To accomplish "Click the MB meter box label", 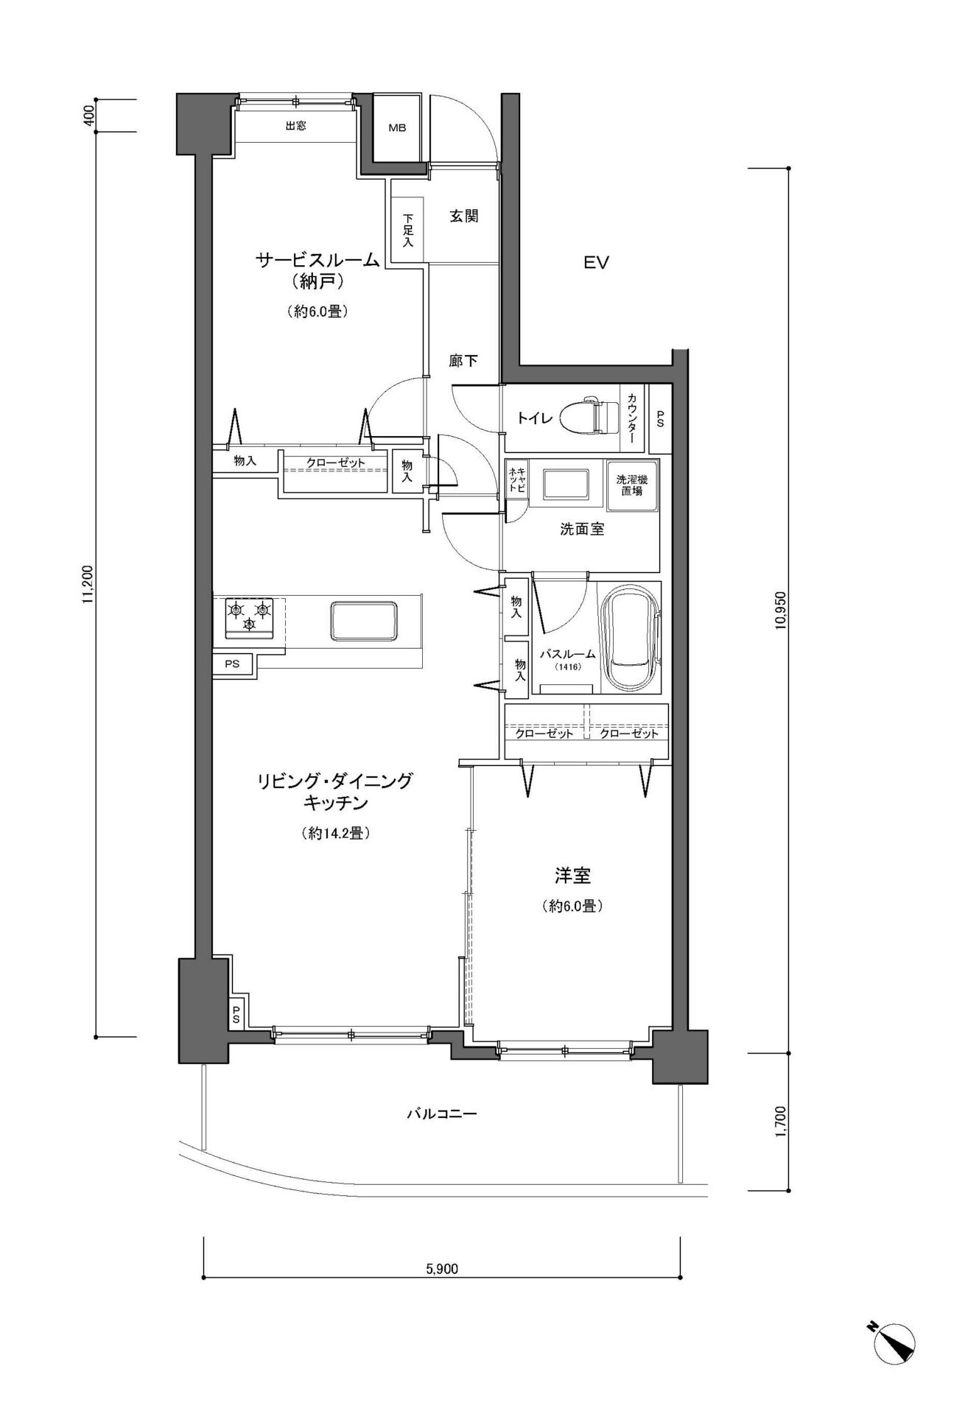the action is tap(397, 127).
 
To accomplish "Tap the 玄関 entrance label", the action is tap(464, 217).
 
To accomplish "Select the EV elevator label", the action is tap(596, 263).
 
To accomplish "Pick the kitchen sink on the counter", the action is tap(365, 622).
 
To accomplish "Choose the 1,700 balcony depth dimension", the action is tap(781, 1121).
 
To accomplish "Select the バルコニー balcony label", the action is tap(442, 1114).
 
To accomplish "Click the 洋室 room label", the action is tap(573, 876).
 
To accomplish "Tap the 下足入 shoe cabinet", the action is tap(407, 229).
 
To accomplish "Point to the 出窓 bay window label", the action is tap(296, 126).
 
